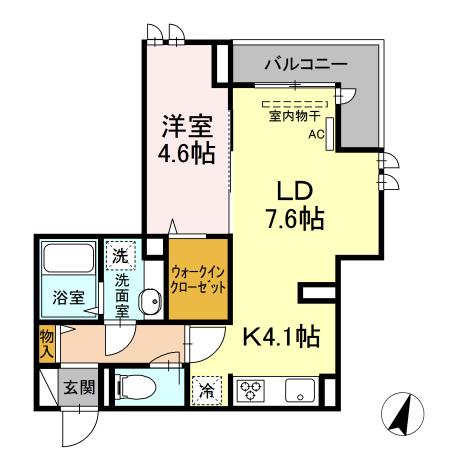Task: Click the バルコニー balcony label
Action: (305, 64)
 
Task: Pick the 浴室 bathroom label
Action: (57, 298)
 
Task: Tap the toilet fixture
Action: (132, 387)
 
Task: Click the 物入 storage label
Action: (45, 343)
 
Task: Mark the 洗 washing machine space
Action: (119, 256)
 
